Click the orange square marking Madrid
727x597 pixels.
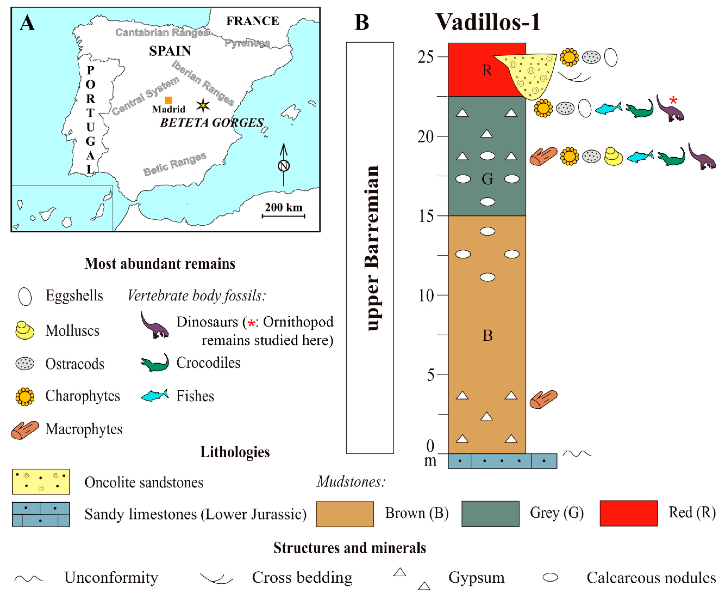[x=168, y=100]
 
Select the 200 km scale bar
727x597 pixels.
[x=283, y=216]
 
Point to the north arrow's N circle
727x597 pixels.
[x=283, y=166]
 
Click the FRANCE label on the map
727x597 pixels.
[x=252, y=21]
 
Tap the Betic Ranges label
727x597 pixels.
[x=175, y=164]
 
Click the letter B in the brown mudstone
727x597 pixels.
[x=487, y=335]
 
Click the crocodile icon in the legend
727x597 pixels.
[x=155, y=363]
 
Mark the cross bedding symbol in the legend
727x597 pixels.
[x=216, y=578]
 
